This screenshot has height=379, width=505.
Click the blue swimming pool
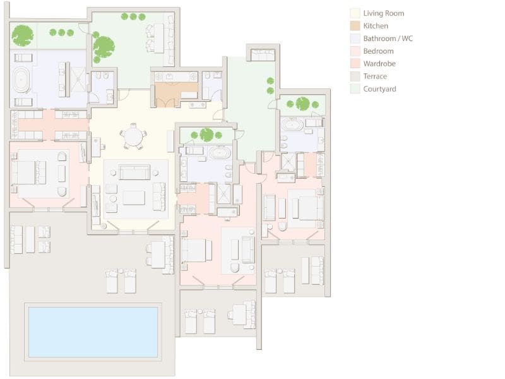[x=93, y=332]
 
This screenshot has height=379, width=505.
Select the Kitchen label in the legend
[x=376, y=26]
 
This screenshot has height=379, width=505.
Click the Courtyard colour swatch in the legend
[x=355, y=89]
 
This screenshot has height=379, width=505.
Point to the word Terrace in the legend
[x=375, y=76]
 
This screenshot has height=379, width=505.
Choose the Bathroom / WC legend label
[x=388, y=39]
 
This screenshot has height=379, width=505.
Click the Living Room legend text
[x=384, y=13]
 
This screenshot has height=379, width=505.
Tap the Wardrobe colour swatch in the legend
[x=355, y=64]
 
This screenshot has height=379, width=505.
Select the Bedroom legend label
[x=378, y=51]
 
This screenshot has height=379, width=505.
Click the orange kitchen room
[x=175, y=94]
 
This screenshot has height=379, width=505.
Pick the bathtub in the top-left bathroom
[x=21, y=80]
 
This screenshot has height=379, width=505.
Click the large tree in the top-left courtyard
[x=23, y=35]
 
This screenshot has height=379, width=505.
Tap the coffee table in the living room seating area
[x=134, y=198]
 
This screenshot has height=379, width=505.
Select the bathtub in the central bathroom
[x=220, y=152]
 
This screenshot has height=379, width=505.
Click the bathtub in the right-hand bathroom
[x=292, y=124]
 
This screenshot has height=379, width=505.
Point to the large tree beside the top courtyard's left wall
[x=104, y=47]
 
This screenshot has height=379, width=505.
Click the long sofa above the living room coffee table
[x=134, y=172]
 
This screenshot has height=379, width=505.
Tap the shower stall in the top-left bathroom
[x=78, y=80]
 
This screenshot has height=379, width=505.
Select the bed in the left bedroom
[x=28, y=172]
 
